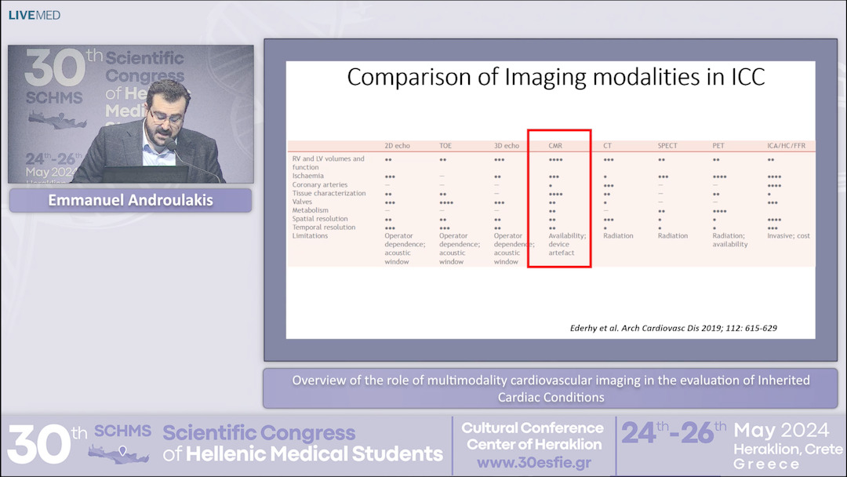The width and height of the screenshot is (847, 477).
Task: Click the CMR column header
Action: [x=555, y=146]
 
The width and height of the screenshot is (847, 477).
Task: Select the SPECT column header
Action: [x=667, y=146]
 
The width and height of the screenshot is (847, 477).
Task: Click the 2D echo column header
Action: [x=399, y=146]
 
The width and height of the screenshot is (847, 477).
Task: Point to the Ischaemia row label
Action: [x=307, y=177]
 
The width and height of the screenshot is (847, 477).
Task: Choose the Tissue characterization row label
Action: [x=329, y=193]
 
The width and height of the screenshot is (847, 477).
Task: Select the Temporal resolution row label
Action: [x=323, y=228]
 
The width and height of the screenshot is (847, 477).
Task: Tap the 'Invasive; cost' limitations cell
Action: [x=788, y=236]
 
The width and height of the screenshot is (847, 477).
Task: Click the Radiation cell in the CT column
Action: [x=618, y=236]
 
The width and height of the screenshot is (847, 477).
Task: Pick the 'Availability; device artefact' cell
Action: [x=566, y=244]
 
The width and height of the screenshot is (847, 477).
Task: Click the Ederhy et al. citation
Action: [x=673, y=328]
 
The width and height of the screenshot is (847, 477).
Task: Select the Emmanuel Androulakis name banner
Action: [x=130, y=200]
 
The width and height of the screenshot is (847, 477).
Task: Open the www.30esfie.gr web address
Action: [x=533, y=462]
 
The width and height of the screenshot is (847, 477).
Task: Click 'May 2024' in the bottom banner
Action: [x=781, y=430]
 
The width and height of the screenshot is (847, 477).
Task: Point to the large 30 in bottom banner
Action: [x=38, y=443]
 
